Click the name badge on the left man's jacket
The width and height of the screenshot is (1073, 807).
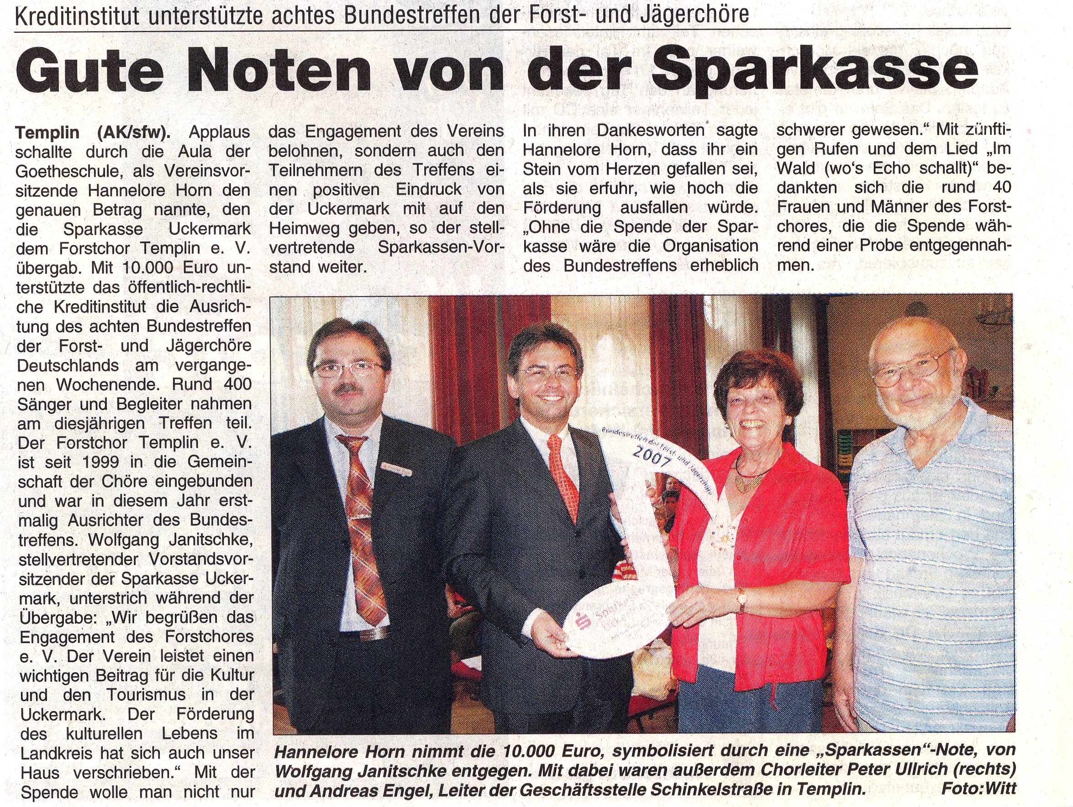(396, 468)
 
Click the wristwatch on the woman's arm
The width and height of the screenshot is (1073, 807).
(741, 600)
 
